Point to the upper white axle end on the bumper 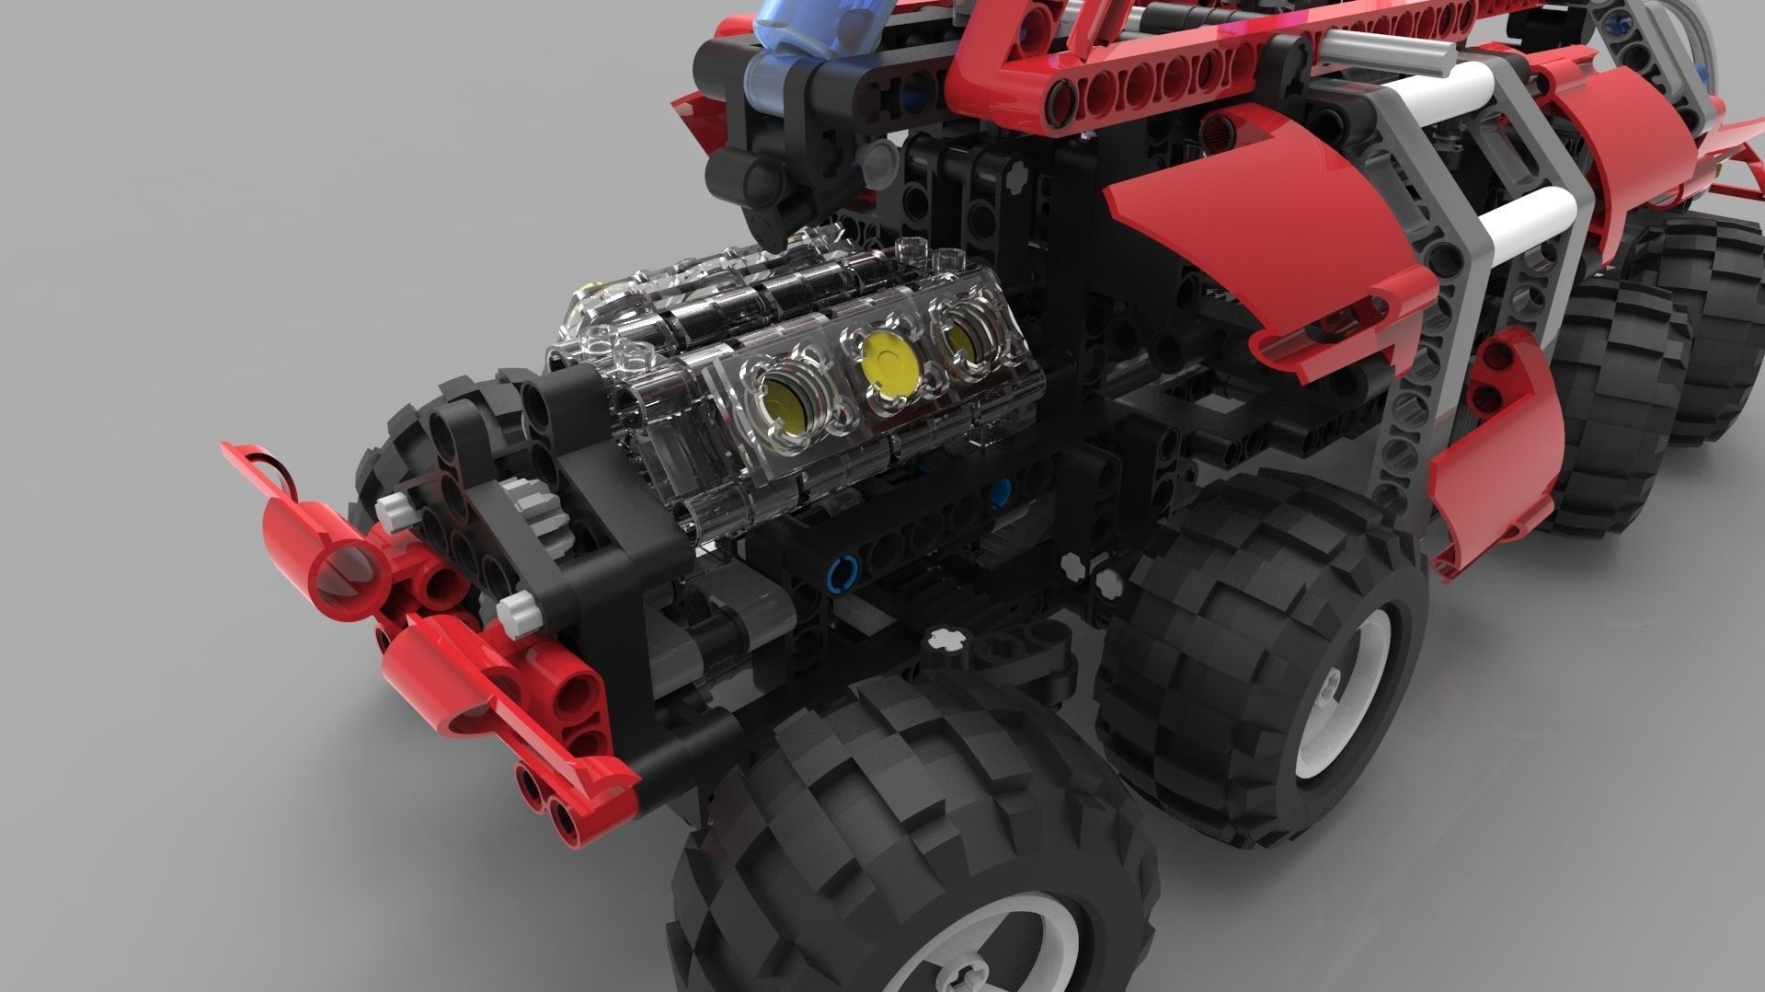tap(394, 505)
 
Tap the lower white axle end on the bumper tap(516, 608)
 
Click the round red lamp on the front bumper tap(346, 566)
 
